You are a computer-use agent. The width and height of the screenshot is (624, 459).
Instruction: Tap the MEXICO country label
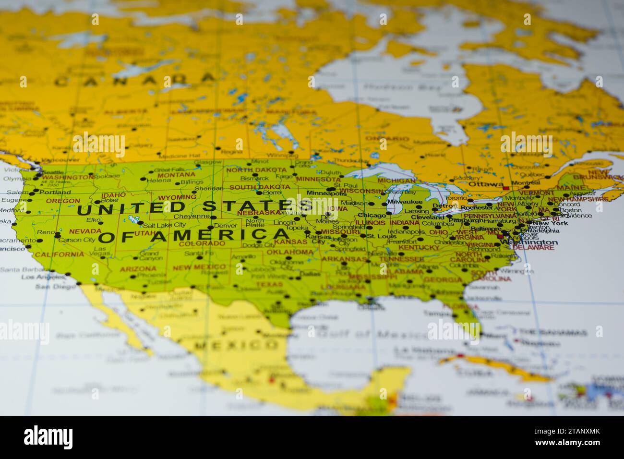pos(236,345)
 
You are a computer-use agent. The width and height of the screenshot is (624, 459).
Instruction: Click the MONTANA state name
pos(176,175)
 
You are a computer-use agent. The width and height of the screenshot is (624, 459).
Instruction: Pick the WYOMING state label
pos(177,197)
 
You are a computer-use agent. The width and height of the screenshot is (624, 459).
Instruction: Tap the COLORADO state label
pos(202,243)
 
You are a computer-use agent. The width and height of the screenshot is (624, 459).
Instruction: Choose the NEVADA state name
pos(85,231)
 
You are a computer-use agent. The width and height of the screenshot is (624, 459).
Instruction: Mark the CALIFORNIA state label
pos(60,254)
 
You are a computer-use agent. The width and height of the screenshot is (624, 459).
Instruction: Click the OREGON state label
pos(63,201)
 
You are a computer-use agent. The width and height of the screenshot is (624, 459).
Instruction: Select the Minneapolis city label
pos(326,193)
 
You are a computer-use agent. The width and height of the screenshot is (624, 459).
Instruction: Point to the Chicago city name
pos(372,216)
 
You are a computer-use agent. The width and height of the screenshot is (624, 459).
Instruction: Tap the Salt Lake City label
pos(164,225)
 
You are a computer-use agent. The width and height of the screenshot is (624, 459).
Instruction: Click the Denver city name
pos(226,225)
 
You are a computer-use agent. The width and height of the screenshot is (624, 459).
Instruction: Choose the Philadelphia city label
pos(539,230)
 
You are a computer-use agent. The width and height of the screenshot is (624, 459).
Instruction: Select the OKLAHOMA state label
pos(290,252)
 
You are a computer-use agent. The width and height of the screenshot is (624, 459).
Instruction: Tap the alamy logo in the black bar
pos(48,437)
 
